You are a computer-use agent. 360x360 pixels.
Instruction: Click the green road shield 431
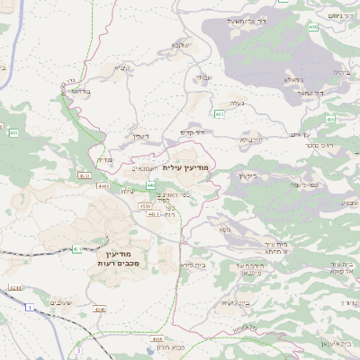click(77, 248)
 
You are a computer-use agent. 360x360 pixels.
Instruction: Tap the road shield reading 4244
click(15, 288)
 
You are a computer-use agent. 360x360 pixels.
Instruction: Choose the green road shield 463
click(220, 113)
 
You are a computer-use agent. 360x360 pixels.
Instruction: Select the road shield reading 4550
click(144, 206)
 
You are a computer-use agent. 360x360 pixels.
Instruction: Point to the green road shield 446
click(150, 184)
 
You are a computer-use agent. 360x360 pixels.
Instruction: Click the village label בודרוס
click(80, 91)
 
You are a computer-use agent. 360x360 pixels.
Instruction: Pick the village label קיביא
click(121, 67)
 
